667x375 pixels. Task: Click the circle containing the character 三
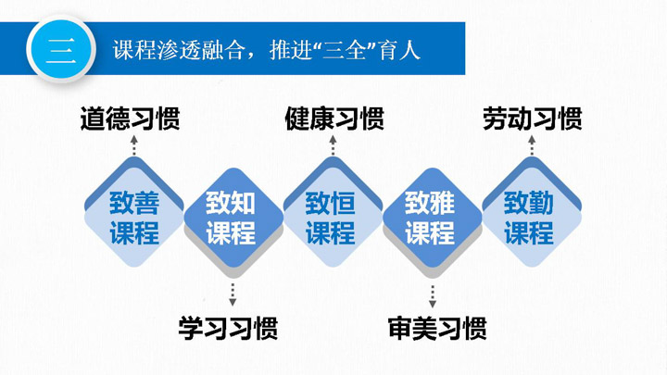(x=61, y=49)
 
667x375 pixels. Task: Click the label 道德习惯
(x=131, y=119)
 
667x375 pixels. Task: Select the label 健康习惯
(x=334, y=119)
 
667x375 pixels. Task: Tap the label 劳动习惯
(x=532, y=119)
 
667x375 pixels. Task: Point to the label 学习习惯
(x=229, y=328)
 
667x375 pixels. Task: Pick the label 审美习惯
(x=437, y=328)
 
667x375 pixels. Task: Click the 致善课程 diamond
(x=134, y=212)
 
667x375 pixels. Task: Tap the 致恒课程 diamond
(x=333, y=212)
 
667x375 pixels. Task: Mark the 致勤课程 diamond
(x=532, y=212)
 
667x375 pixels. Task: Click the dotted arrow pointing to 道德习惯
(x=134, y=145)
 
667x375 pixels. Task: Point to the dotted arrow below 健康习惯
(x=333, y=145)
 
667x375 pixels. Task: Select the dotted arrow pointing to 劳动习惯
(x=532, y=145)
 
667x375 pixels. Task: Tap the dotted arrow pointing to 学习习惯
(x=233, y=295)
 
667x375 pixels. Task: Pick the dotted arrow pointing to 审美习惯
(x=433, y=296)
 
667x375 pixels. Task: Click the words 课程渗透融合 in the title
(x=179, y=50)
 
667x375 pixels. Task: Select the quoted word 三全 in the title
(x=344, y=50)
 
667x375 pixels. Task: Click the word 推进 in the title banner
(x=291, y=50)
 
